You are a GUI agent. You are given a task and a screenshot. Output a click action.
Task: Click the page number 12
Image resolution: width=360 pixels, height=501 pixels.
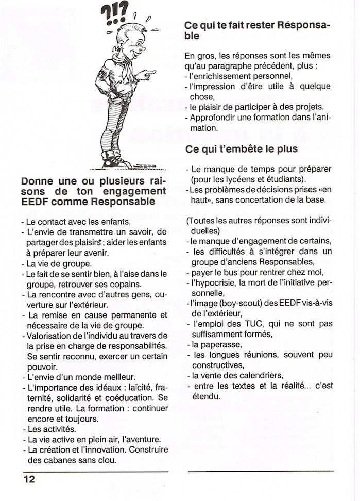29,479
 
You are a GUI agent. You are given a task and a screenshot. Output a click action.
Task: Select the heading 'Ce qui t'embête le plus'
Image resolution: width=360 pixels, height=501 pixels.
242,149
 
